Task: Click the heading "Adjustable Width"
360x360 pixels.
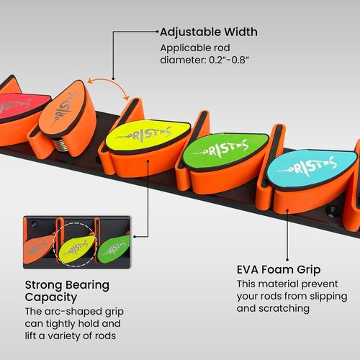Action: [209, 32]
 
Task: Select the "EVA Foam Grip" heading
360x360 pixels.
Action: [279, 269]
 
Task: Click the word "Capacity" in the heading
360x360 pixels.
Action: [51, 297]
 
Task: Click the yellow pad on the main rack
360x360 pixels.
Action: [148, 135]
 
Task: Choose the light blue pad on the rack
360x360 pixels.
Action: [312, 168]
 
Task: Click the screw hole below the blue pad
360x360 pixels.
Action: [333, 211]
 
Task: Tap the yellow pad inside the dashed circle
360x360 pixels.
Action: [76, 248]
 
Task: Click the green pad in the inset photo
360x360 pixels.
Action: [114, 248]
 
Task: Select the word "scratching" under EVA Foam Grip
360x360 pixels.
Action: [284, 308]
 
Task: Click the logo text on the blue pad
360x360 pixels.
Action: [306, 167]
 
